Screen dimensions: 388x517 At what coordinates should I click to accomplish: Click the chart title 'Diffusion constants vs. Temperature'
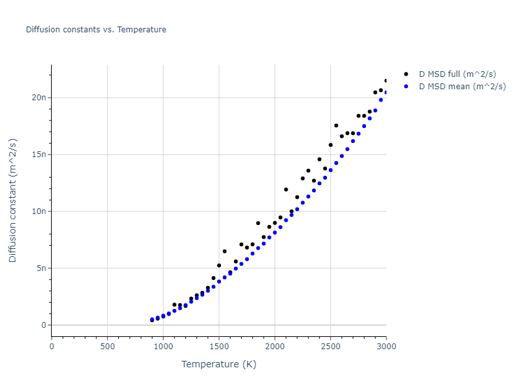coord(96,30)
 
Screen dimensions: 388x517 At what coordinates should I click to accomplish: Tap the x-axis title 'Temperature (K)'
coord(218,365)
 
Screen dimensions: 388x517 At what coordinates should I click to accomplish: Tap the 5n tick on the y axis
coord(41,268)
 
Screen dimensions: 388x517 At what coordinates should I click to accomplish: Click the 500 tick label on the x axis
coord(107,347)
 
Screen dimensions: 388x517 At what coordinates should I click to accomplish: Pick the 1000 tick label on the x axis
coord(163,347)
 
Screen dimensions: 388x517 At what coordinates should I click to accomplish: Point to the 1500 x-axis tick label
coord(219,347)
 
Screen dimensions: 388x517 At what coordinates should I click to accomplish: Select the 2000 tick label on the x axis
coord(275,347)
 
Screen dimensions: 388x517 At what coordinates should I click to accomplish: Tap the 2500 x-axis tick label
coord(330,347)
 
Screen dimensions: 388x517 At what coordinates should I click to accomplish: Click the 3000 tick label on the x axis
coord(386,347)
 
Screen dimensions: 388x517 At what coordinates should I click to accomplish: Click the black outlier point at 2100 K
coord(286,189)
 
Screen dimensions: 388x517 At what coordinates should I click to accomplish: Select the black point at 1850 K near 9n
coord(258,223)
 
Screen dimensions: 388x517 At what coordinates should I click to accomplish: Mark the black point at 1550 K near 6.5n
coord(224,251)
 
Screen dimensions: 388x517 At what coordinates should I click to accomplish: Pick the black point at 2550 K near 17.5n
coord(336,125)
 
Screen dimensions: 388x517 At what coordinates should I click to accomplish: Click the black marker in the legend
coord(406,75)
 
